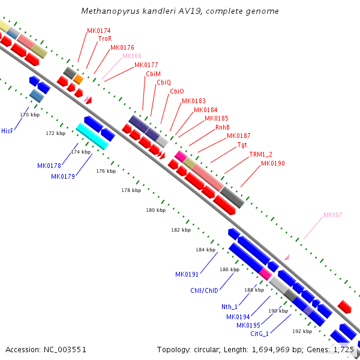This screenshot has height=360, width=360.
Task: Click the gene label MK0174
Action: coord(99,31)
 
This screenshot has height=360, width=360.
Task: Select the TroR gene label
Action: coord(105,38)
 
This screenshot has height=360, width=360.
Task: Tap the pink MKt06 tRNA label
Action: coord(132,56)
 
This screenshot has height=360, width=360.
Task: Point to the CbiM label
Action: coord(153,74)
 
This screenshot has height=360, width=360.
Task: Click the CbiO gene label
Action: coord(177,91)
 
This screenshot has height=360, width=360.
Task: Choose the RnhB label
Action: coord(222,127)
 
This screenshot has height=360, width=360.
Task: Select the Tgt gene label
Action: coord(242,145)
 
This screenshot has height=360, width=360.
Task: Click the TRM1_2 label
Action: coord(261,154)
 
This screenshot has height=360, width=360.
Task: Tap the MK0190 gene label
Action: coord(273,163)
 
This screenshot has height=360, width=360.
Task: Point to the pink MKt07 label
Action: coord(332,215)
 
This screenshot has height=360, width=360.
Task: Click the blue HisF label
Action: coord(7,131)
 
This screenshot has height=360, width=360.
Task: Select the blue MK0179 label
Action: coord(63,176)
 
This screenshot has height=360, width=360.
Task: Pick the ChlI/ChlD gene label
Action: coord(204,290)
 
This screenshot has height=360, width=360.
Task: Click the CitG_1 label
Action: coord(259,334)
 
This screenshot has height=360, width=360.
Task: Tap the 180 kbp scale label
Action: coord(155,210)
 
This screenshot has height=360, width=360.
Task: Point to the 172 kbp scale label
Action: coord(56,133)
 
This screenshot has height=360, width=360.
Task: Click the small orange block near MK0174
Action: coord(78,79)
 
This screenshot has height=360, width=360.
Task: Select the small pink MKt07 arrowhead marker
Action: coord(287,257)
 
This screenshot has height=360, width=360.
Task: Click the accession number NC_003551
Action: coord(65,350)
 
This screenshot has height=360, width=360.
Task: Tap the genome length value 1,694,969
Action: coord(271,350)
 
